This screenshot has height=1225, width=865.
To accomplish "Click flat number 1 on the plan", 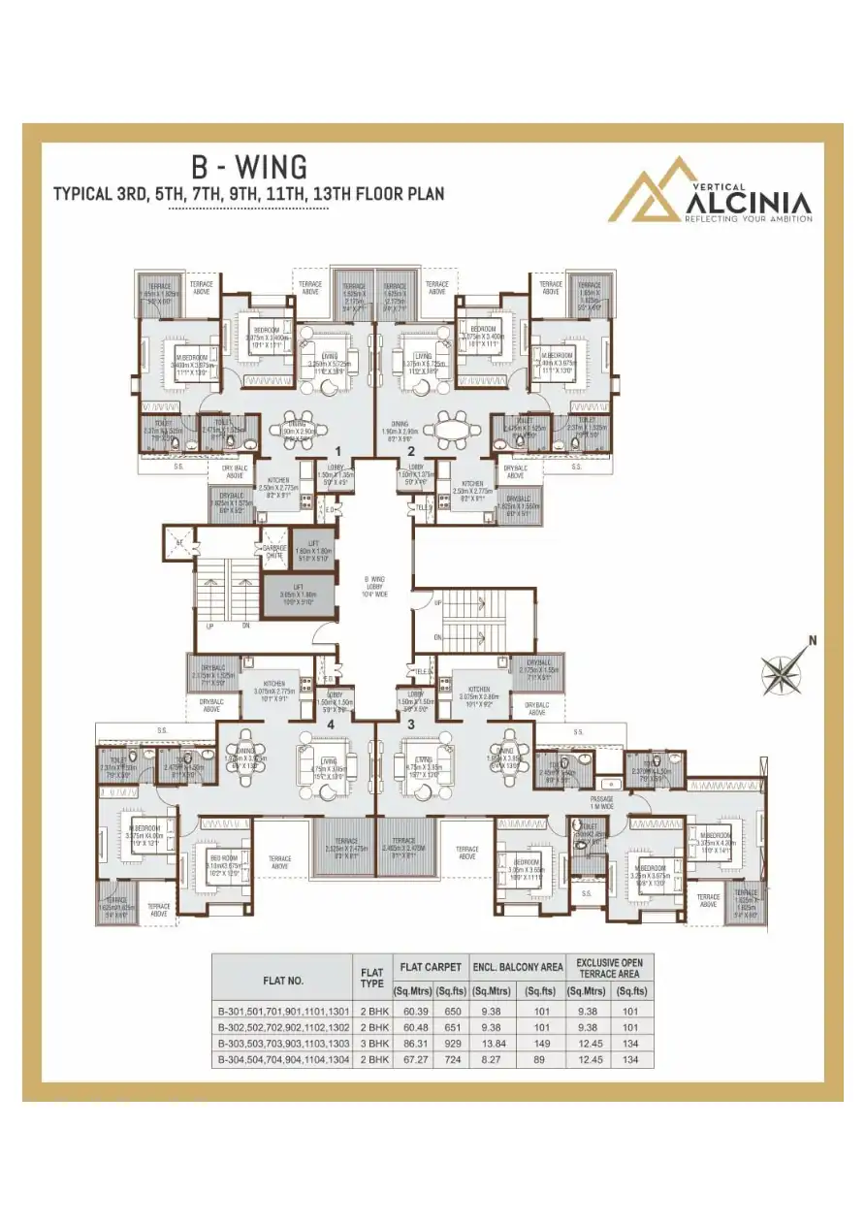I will (337, 451).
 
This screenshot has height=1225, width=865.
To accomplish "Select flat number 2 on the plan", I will (411, 451).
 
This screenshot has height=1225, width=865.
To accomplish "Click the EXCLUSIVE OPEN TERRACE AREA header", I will (609, 967).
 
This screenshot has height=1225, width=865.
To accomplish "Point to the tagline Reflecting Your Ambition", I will (748, 220).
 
